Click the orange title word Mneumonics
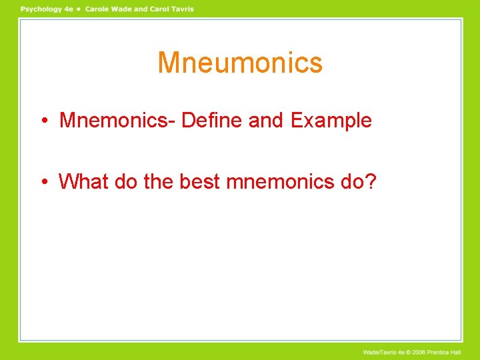click(x=240, y=63)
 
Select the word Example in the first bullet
click(x=331, y=121)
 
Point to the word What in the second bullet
click(x=83, y=181)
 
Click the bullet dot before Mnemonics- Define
click(x=42, y=121)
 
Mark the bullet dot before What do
click(x=42, y=181)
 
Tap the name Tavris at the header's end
click(x=181, y=9)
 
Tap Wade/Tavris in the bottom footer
click(x=381, y=351)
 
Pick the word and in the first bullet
click(x=266, y=121)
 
